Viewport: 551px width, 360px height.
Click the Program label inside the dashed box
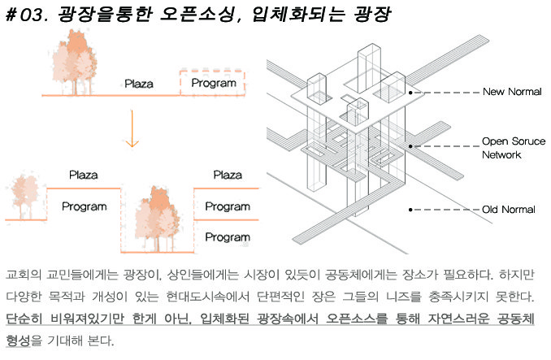tap(212, 83)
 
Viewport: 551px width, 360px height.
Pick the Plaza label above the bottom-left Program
tap(84, 174)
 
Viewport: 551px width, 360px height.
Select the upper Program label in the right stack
tap(227, 206)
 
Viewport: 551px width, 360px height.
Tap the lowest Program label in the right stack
tap(227, 236)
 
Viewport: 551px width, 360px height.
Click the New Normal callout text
tap(511, 92)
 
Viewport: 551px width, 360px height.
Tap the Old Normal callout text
tap(508, 209)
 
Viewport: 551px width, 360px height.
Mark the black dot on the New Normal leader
tap(411, 93)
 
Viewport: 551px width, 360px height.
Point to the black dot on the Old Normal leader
tap(411, 209)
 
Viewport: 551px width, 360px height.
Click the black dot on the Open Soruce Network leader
tap(411, 146)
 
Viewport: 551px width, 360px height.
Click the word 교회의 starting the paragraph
tap(22, 273)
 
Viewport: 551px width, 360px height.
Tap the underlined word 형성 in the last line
tap(18, 339)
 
